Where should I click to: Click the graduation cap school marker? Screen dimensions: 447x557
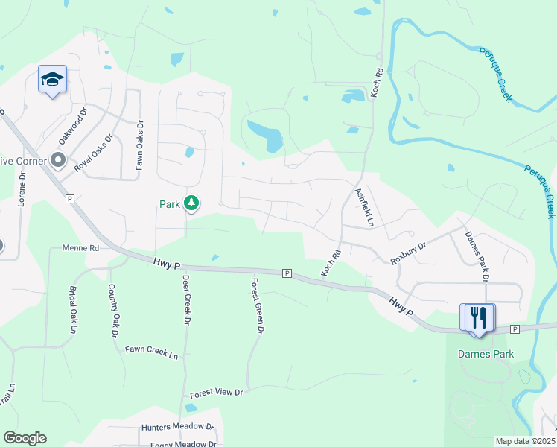53,79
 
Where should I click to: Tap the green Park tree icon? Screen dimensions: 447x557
191,203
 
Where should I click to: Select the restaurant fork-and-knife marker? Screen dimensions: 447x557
480,317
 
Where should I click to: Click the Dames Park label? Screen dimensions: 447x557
486,354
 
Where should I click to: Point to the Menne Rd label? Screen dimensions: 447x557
81,248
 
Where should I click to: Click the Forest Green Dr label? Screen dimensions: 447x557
258,305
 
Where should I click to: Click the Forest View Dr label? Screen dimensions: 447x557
217,392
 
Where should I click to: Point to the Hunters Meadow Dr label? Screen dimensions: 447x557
178,428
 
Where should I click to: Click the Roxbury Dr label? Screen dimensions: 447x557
408,253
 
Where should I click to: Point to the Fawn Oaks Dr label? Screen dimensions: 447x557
139,147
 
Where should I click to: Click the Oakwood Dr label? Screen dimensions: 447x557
72,125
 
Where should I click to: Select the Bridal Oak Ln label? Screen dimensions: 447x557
72,309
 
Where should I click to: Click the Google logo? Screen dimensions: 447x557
25,438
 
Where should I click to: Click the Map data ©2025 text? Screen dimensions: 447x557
524,441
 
